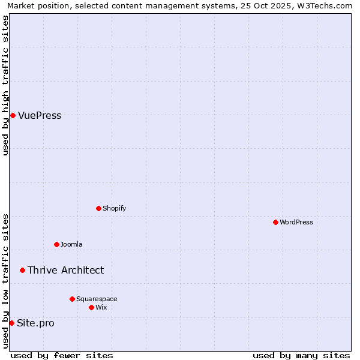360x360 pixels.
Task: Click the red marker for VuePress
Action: point(13,115)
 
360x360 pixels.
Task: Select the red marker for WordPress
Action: point(275,222)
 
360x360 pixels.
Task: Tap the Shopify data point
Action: point(98,208)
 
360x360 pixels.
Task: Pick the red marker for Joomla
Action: point(56,244)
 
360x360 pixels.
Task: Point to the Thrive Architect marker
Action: point(22,270)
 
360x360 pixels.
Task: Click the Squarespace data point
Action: point(72,299)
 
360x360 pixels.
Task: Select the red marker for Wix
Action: point(91,307)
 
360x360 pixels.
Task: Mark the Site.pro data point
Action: point(11,323)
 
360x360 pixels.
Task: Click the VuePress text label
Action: point(40,115)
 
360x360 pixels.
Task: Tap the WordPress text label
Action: point(296,222)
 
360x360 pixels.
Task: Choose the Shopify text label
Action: point(114,208)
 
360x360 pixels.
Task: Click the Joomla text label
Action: point(71,244)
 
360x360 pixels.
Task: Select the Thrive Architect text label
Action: point(65,270)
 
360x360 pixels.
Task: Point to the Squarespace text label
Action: point(97,299)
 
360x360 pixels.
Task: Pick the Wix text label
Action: point(101,307)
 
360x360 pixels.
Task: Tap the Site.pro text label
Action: point(35,323)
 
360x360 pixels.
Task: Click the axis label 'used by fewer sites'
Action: point(62,355)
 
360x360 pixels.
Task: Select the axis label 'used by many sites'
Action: point(301,355)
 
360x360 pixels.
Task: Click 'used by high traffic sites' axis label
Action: point(6,85)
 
